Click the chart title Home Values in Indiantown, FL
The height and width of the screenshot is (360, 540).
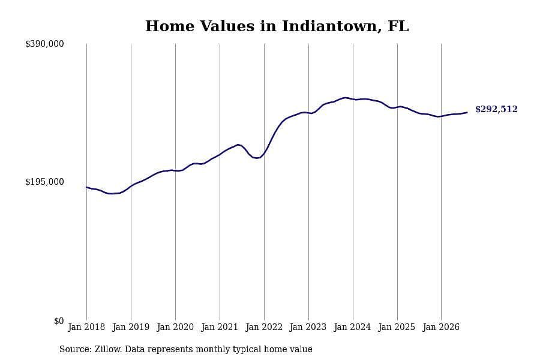277,26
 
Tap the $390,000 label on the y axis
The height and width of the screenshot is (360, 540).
44,44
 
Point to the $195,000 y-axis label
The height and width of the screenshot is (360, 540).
44,182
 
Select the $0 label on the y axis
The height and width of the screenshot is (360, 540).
59,321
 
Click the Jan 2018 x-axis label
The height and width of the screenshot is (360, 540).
86,327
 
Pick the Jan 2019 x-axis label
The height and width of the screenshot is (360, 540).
131,327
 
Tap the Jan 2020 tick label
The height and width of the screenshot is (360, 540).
175,327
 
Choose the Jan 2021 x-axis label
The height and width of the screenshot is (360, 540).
220,327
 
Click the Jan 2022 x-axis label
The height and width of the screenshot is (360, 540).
264,327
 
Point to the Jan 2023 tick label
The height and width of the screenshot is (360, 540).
308,327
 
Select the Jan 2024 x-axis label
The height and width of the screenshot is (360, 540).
353,327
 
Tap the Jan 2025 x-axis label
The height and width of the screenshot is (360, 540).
397,327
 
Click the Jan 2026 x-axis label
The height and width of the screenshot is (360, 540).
441,327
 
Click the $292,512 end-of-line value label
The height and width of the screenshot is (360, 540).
496,109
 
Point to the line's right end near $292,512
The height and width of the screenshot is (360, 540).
467,112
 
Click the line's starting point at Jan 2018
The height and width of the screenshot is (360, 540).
86,187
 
